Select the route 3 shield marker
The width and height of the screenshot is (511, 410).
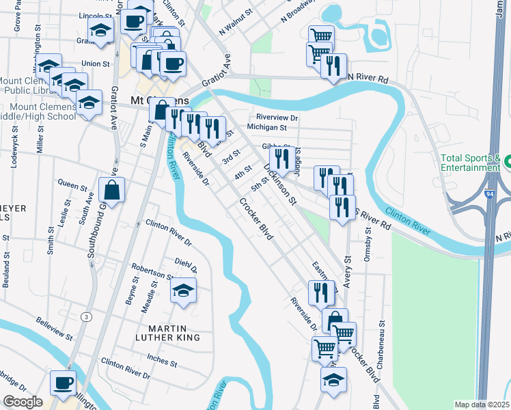(86, 316)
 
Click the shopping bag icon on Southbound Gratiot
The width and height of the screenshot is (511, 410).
(111, 189)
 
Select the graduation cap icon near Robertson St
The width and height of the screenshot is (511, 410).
(182, 290)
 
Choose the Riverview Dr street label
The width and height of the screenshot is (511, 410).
(277, 117)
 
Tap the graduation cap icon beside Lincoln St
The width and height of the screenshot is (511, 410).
(100, 30)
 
